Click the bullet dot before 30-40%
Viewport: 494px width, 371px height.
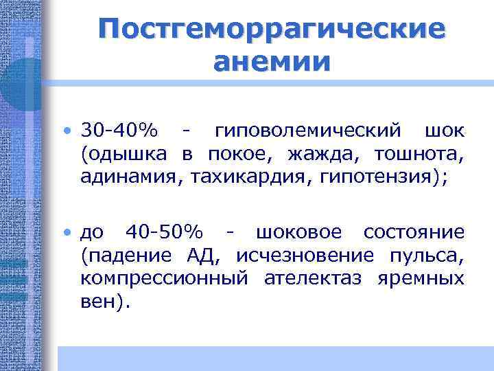pyautogui.click(x=71, y=131)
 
